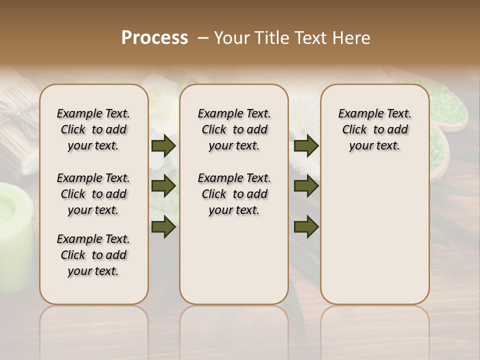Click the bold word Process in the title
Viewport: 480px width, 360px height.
tap(154, 38)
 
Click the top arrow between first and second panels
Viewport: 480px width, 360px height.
tap(163, 146)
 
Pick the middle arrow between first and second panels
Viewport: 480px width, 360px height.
tap(163, 186)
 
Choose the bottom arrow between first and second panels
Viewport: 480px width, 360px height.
tap(163, 226)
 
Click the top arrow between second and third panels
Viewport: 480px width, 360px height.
tap(306, 146)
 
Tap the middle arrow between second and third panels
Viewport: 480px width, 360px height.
tap(306, 186)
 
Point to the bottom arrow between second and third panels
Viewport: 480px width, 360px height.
tap(306, 226)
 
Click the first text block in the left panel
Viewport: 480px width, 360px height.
tap(93, 129)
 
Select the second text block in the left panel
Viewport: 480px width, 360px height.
tap(93, 194)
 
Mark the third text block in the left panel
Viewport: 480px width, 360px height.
tap(93, 255)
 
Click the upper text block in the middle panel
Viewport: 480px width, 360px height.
tap(234, 129)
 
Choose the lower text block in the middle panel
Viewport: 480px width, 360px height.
tap(234, 194)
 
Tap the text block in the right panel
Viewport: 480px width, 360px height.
tap(374, 129)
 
